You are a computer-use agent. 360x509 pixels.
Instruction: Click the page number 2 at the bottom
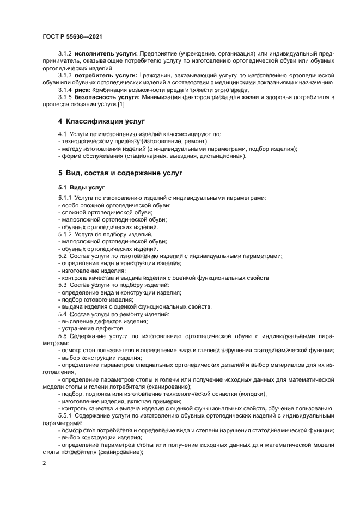[45, 463]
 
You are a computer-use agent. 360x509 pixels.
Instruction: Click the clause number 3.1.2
[65, 53]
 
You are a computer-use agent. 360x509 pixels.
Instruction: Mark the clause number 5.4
[62, 315]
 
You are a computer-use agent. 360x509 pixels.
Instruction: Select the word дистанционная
[224, 156]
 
